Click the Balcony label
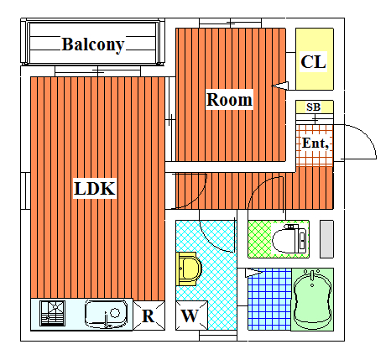click(x=93, y=44)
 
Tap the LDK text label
click(x=95, y=188)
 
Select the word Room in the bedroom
click(x=229, y=100)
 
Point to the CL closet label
click(x=314, y=62)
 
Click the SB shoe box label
click(x=313, y=107)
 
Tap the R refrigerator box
click(x=149, y=316)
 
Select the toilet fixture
click(x=289, y=239)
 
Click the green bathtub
click(x=312, y=300)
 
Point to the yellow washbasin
click(x=189, y=269)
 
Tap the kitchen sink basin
click(x=106, y=314)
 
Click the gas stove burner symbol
click(x=53, y=313)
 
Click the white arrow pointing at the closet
click(x=280, y=86)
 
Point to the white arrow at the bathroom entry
click(x=253, y=273)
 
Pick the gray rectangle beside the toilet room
click(x=326, y=239)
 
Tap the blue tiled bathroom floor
click(x=269, y=300)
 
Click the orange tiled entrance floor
click(x=315, y=145)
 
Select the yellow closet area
click(x=315, y=59)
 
